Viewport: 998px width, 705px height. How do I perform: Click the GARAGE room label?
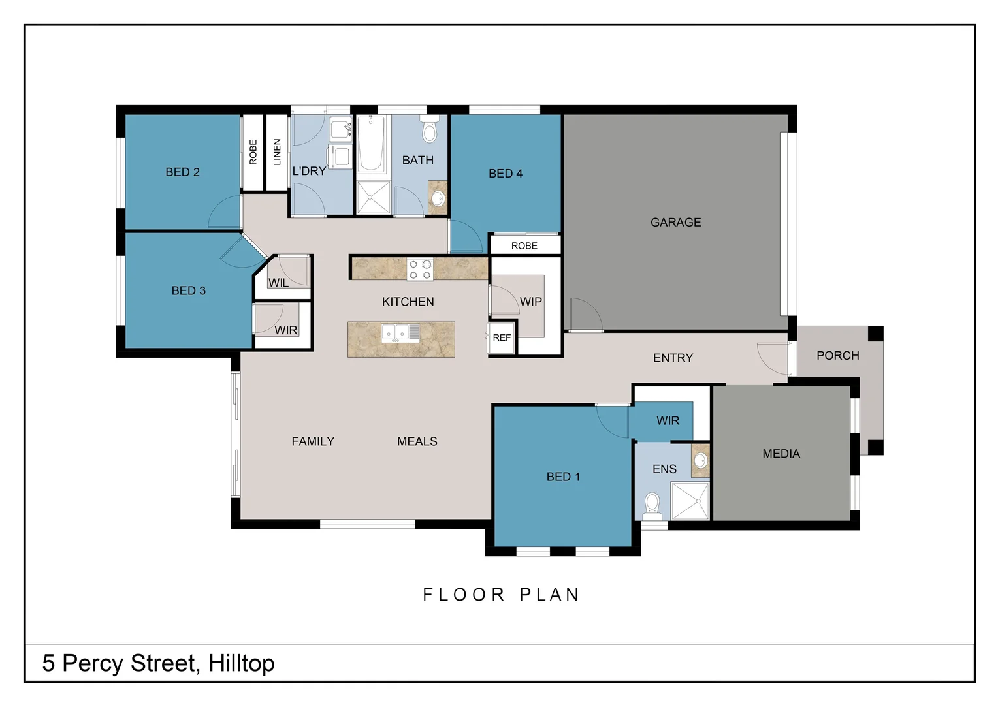pos(675,223)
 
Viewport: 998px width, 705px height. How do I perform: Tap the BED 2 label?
pos(182,172)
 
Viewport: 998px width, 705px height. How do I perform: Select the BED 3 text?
pos(188,290)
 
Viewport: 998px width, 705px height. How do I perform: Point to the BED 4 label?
pos(505,174)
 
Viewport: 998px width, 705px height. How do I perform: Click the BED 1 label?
pos(563,477)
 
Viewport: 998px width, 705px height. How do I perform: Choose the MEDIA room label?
pos(781,454)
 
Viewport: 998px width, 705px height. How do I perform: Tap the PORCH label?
pos(837,356)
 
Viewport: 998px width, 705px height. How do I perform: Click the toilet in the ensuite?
pos(652,505)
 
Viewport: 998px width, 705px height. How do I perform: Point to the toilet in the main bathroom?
pos(429,130)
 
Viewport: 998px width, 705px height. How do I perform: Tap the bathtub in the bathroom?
pos(371,144)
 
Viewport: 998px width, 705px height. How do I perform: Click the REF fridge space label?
pos(502,338)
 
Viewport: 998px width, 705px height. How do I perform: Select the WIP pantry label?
pos(530,302)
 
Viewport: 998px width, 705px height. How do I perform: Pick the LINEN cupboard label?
pos(277,152)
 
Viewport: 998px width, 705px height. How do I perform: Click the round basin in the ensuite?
pos(701,460)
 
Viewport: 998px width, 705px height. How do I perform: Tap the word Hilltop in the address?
pos(241,663)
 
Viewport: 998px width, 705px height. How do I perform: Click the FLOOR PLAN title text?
pos(501,595)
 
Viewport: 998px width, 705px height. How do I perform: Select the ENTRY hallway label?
pos(673,358)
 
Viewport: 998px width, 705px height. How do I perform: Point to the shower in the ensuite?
pos(690,501)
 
